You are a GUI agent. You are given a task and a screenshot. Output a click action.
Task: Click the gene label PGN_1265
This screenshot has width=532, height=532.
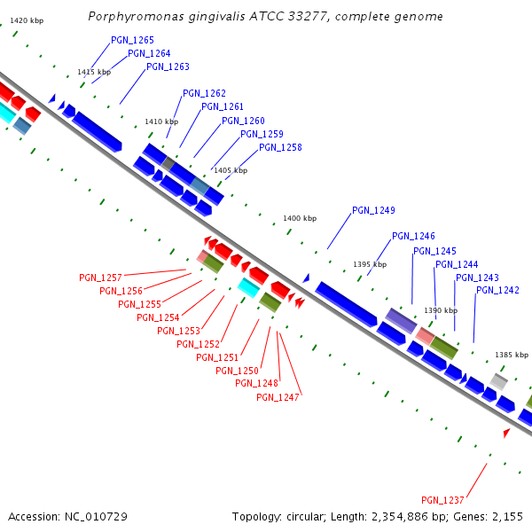pyautogui.click(x=132, y=41)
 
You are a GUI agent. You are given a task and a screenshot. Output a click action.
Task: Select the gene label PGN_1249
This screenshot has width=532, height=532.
pyautogui.click(x=373, y=211)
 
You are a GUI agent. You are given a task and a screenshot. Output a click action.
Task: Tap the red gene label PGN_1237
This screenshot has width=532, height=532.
pyautogui.click(x=442, y=500)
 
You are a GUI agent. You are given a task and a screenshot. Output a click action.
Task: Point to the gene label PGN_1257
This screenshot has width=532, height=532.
pyautogui.click(x=100, y=278)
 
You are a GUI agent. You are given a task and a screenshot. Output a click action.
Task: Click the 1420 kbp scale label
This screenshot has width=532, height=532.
pyautogui.click(x=27, y=20)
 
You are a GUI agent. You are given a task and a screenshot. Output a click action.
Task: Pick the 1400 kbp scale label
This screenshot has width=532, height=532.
pyautogui.click(x=300, y=218)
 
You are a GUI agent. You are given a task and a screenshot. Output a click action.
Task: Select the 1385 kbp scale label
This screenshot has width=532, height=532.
pyautogui.click(x=511, y=354)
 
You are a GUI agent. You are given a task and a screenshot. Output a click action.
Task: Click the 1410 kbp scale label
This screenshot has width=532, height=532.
pyautogui.click(x=161, y=121)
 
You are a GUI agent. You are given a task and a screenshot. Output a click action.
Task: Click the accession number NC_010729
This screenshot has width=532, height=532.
pyautogui.click(x=98, y=516)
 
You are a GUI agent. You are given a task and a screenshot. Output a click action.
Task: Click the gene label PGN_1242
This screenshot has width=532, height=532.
pyautogui.click(x=497, y=291)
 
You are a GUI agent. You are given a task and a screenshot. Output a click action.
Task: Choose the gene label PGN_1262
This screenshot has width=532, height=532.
pyautogui.click(x=204, y=94)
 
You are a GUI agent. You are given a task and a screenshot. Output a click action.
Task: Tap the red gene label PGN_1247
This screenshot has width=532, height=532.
pyautogui.click(x=278, y=397)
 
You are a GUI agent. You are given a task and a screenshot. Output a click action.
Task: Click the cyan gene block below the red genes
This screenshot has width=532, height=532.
pyautogui.click(x=248, y=286)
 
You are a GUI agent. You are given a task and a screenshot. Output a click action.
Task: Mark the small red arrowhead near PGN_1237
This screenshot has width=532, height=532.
pyautogui.click(x=506, y=434)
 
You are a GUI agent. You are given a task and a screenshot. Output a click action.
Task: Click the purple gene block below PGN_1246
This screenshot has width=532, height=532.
pyautogui.click(x=401, y=321)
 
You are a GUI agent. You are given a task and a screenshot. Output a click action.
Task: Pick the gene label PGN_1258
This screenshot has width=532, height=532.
pyautogui.click(x=280, y=148)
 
